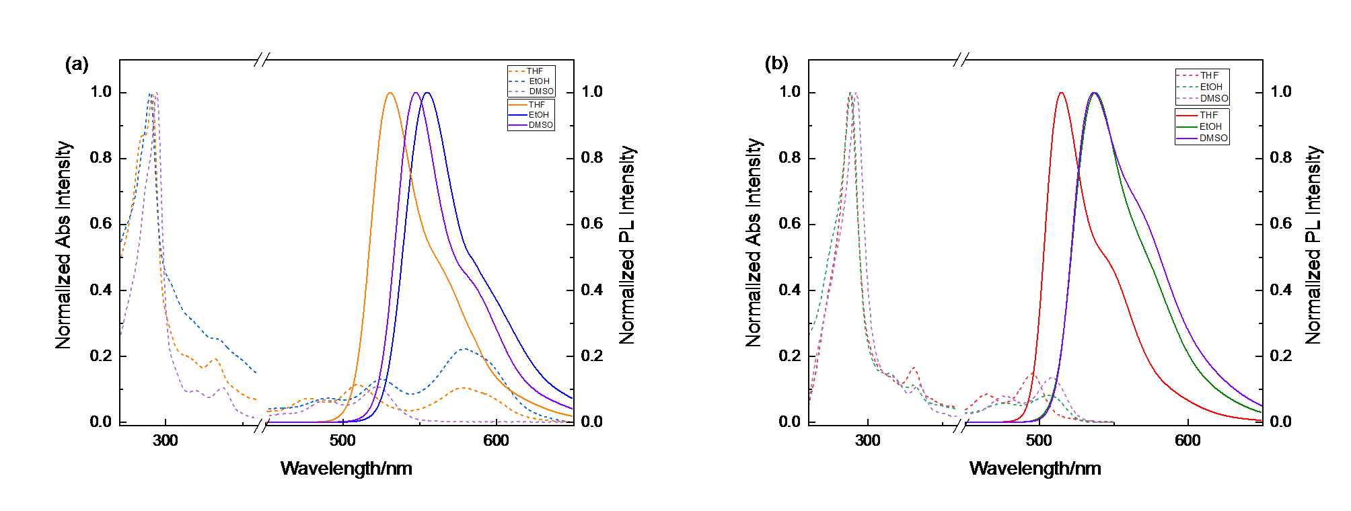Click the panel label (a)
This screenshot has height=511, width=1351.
[x=77, y=65]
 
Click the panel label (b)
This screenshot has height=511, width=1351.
[x=776, y=64]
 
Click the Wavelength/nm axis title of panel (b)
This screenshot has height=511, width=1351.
[x=1035, y=469]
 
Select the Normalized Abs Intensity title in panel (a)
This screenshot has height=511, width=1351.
[x=63, y=245]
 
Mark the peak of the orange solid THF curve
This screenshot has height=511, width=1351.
[x=390, y=93]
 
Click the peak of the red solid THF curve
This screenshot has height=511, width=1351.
[x=1061, y=93]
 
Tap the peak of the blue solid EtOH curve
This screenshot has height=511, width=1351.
[x=427, y=93]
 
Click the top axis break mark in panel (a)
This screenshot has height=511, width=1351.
[x=262, y=60]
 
